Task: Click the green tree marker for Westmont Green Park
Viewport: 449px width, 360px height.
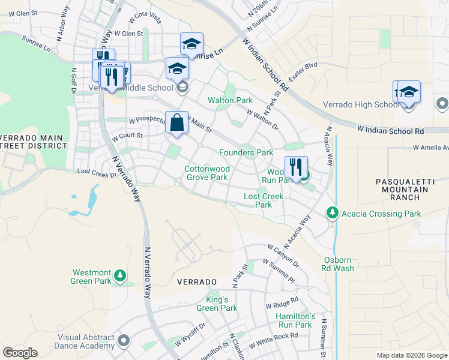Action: point(121,275)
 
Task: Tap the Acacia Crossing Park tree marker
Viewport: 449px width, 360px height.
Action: point(332,213)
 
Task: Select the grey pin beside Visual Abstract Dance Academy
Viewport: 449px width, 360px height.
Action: point(124,341)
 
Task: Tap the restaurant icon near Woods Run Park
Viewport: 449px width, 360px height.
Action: point(296,167)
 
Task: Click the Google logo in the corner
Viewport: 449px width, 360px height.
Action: point(20,353)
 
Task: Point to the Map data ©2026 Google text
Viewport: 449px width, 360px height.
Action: point(411,355)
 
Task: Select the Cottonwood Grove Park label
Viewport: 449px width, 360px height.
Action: point(206,173)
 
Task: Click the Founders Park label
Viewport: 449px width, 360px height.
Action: point(246,153)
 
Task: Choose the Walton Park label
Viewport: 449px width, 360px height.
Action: point(230,100)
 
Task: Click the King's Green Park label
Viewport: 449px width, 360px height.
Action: point(217,304)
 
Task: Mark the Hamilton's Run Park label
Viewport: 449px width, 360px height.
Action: point(295,320)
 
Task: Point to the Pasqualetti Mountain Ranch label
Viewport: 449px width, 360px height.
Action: point(402,189)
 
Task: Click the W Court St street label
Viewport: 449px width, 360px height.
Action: point(127,136)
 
